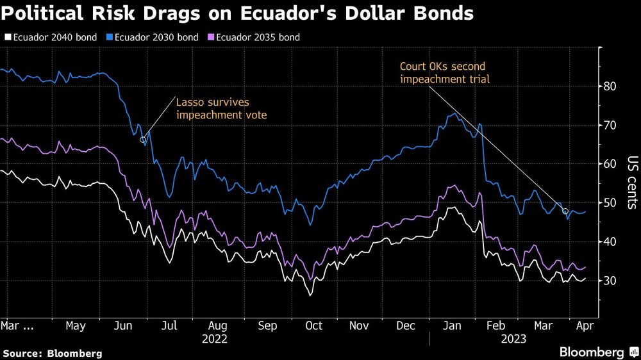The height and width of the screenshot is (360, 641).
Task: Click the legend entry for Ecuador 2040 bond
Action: click(x=50, y=37)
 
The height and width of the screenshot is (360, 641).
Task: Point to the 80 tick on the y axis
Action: click(x=610, y=86)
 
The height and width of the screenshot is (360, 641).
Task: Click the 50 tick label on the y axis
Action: click(x=610, y=203)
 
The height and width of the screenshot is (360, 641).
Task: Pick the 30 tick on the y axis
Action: click(x=610, y=281)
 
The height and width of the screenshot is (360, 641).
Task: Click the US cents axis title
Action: click(x=631, y=183)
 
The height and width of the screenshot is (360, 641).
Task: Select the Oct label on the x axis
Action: click(x=313, y=325)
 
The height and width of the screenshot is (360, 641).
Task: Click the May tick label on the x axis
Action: click(x=76, y=325)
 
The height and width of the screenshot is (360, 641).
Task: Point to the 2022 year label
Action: click(x=215, y=338)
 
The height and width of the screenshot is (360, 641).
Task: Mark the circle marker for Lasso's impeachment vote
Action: click(x=142, y=138)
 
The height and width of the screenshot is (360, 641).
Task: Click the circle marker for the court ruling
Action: click(x=565, y=211)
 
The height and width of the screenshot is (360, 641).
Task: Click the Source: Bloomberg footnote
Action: click(x=53, y=353)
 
